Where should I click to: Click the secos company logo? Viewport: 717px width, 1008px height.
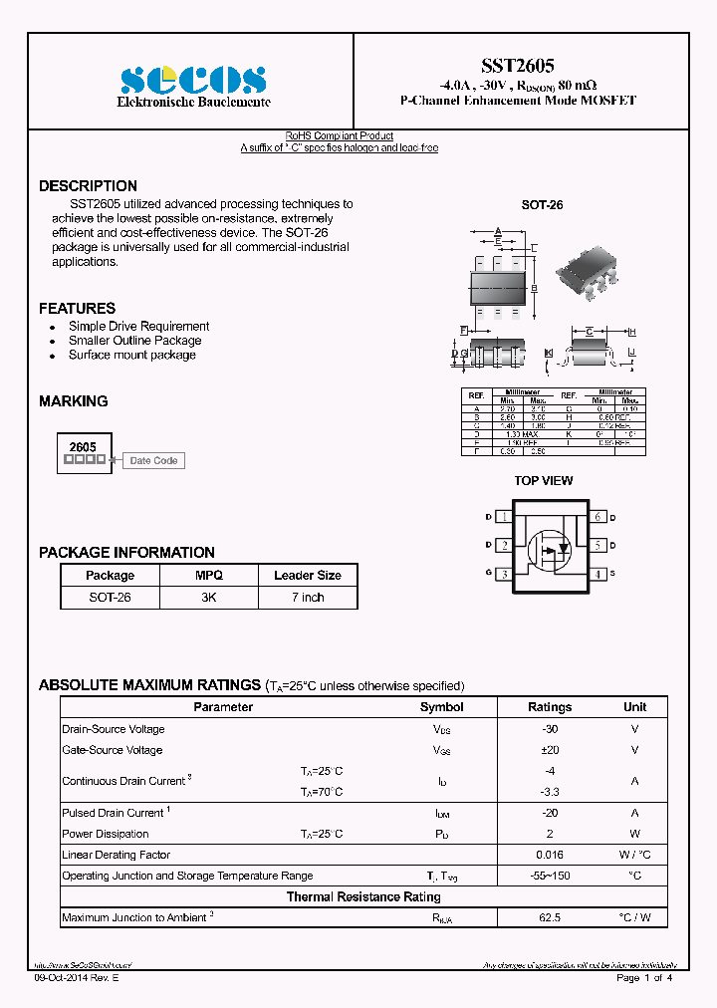pyautogui.click(x=193, y=80)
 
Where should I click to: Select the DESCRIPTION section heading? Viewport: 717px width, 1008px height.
pyautogui.click(x=88, y=186)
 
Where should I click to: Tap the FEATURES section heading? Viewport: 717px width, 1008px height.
pyautogui.click(x=77, y=309)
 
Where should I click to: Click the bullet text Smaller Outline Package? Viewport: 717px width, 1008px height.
pyautogui.click(x=134, y=341)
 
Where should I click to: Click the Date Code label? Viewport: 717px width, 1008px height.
pyautogui.click(x=153, y=461)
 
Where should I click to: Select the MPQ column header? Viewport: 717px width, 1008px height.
pyautogui.click(x=208, y=576)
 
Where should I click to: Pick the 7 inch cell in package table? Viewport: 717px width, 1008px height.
pyautogui.click(x=308, y=598)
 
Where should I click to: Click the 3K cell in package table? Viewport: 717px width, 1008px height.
pyautogui.click(x=208, y=598)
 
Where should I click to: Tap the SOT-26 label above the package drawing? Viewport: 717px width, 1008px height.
pyautogui.click(x=542, y=205)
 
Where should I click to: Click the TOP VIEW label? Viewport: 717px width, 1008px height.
pyautogui.click(x=543, y=481)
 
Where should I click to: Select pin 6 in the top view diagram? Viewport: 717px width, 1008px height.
pyautogui.click(x=598, y=517)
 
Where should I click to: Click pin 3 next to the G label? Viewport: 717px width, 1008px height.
pyautogui.click(x=505, y=574)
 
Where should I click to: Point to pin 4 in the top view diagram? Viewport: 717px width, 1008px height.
pyautogui.click(x=598, y=574)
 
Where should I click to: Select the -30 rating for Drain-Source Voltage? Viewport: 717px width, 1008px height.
pyautogui.click(x=549, y=729)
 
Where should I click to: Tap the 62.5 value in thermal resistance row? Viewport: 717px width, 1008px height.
pyautogui.click(x=549, y=917)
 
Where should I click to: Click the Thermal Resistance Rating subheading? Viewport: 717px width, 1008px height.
pyautogui.click(x=363, y=897)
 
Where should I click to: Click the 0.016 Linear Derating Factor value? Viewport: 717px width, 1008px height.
pyautogui.click(x=549, y=855)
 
